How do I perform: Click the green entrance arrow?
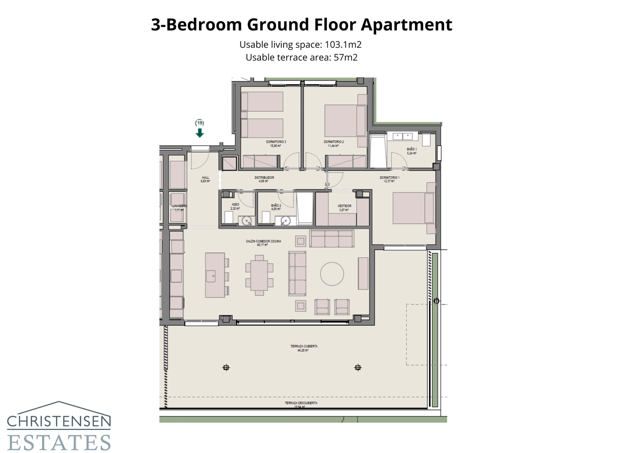[200, 133]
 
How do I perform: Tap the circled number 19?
[200, 123]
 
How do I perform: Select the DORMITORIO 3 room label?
[276, 142]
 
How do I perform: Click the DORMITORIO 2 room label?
[334, 142]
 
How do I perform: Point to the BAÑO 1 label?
[412, 149]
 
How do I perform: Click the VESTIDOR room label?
[344, 206]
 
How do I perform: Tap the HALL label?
[205, 178]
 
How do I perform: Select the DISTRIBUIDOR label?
[264, 178]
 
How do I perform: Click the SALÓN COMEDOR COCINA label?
[263, 242]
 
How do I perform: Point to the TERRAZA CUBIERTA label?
[304, 346]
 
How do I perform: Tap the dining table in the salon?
[260, 275]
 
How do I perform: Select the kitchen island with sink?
[215, 275]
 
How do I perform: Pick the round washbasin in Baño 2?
[285, 220]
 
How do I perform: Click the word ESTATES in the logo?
[59, 442]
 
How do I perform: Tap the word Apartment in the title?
[406, 24]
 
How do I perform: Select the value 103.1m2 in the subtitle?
[343, 44]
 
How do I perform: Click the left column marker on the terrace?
[226, 368]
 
